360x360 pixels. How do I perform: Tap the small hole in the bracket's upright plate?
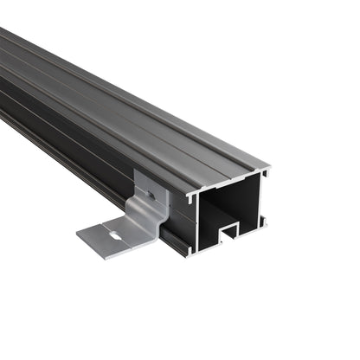(x=151, y=196)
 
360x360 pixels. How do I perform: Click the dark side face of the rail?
(x=87, y=143)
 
